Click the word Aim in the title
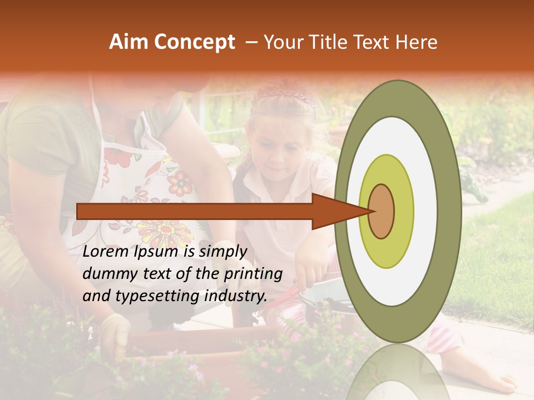tap(128, 42)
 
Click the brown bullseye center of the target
tap(382, 212)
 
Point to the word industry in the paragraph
tap(234, 296)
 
